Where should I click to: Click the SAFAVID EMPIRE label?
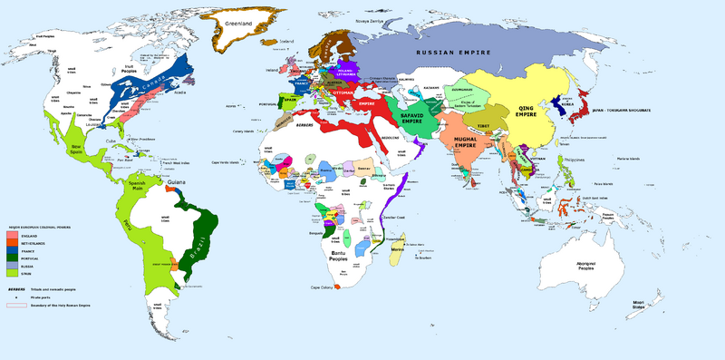412,122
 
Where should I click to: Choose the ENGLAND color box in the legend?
12,234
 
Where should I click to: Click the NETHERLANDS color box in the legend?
12,242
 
